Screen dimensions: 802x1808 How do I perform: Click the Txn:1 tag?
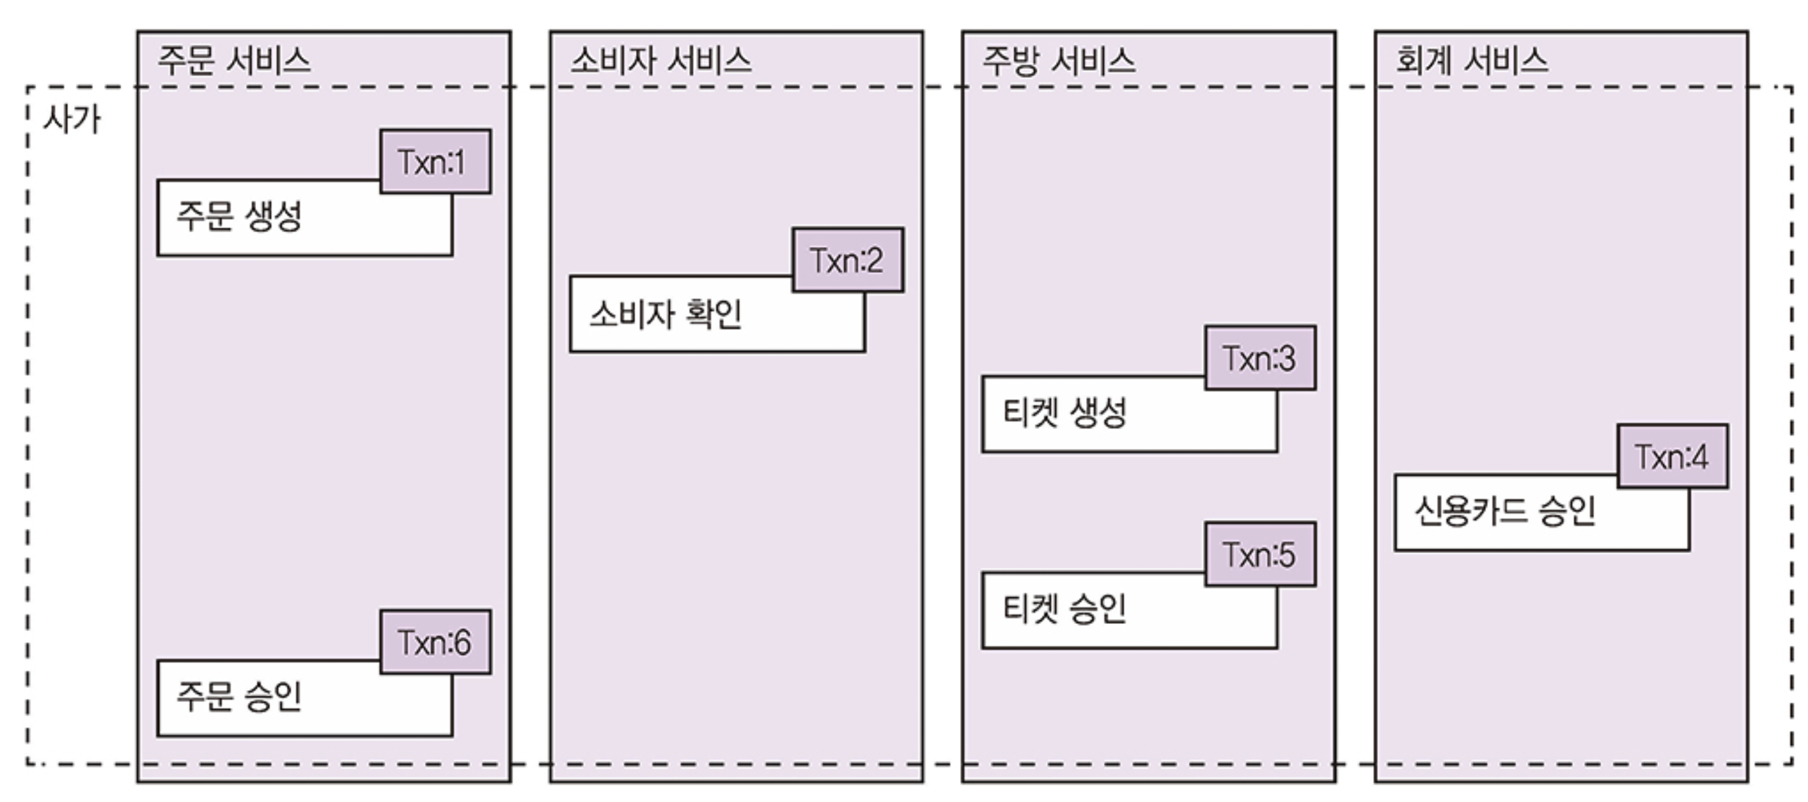435,162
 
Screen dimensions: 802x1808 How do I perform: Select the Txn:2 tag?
847,260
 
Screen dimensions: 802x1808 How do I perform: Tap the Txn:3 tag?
1259,358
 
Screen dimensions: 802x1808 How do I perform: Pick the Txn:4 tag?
1672,457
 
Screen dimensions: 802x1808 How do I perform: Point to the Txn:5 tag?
1259,554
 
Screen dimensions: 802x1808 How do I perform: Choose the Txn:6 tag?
435,642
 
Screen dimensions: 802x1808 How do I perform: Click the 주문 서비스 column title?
234,61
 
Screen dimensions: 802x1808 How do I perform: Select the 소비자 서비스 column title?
660,61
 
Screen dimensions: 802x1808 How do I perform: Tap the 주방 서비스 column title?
1058,61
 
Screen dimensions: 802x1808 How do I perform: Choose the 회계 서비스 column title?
1471,61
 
